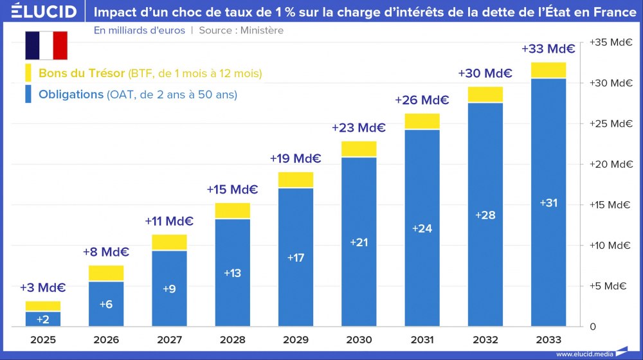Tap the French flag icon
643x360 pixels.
[x=46, y=45]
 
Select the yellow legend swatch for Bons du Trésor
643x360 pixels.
[x=28, y=73]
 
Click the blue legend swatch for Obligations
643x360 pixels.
[x=28, y=94]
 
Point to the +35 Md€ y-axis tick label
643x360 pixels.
[x=611, y=42]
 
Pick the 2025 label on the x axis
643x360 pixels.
[x=43, y=339]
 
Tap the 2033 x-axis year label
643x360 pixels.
[x=548, y=339]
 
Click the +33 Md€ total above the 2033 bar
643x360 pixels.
[x=548, y=49]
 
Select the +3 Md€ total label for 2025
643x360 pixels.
[x=43, y=288]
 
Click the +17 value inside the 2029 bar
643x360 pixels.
[x=296, y=258]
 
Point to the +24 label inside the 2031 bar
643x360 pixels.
[x=422, y=229]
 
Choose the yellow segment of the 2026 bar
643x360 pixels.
[x=107, y=273]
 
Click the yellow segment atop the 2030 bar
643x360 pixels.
[x=359, y=149]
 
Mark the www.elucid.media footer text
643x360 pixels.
[x=584, y=354]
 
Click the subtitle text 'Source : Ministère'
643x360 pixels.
[x=241, y=30]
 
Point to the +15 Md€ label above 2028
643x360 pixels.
[x=233, y=190]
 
